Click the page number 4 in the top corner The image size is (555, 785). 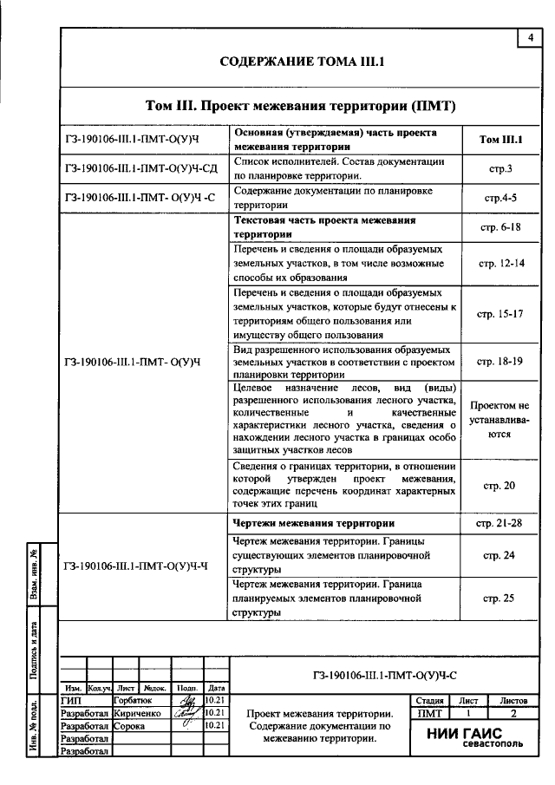click(529, 37)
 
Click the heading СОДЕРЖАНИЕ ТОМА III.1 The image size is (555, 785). click(301, 63)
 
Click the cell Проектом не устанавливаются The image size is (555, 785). click(499, 419)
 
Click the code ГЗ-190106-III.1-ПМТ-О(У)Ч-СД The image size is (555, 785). click(140, 168)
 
